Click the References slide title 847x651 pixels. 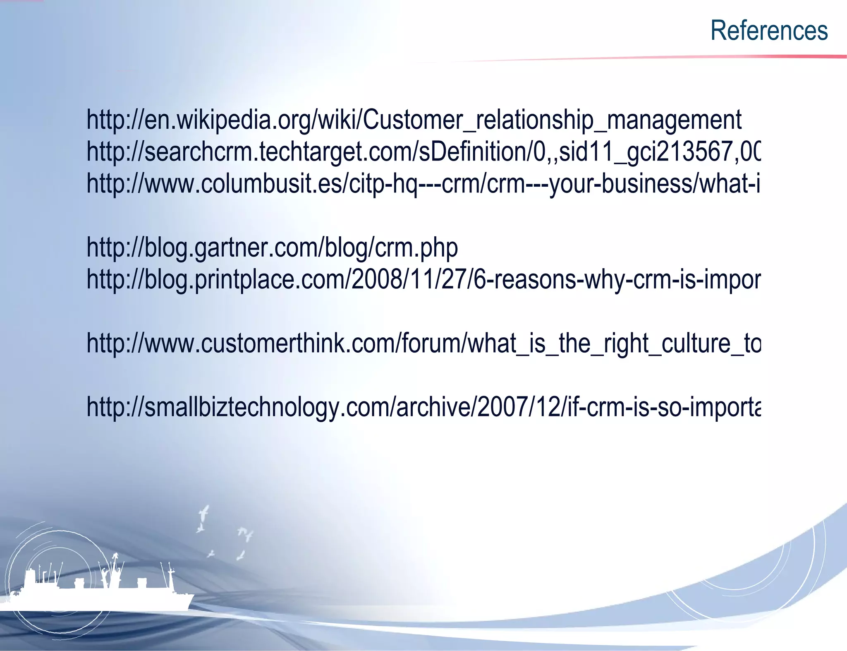click(x=769, y=31)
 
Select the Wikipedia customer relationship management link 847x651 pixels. click(x=414, y=120)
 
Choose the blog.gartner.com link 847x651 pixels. click(x=272, y=248)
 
